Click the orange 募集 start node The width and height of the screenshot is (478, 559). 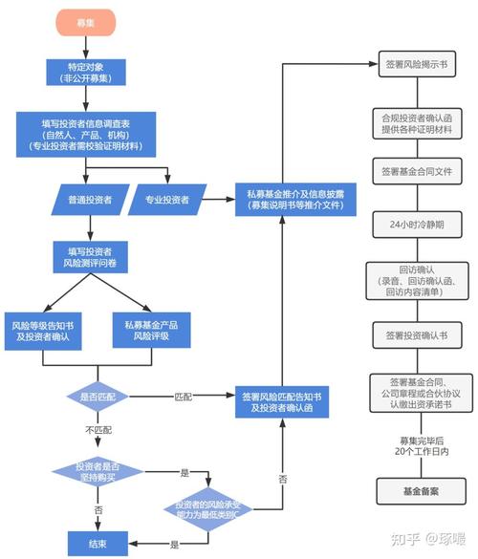point(85,22)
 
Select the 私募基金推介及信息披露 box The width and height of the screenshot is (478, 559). point(283,200)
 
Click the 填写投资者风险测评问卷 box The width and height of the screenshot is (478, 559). point(85,257)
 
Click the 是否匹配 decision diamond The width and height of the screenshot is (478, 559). point(96,395)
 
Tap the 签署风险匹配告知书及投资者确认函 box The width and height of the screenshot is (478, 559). point(283,401)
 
